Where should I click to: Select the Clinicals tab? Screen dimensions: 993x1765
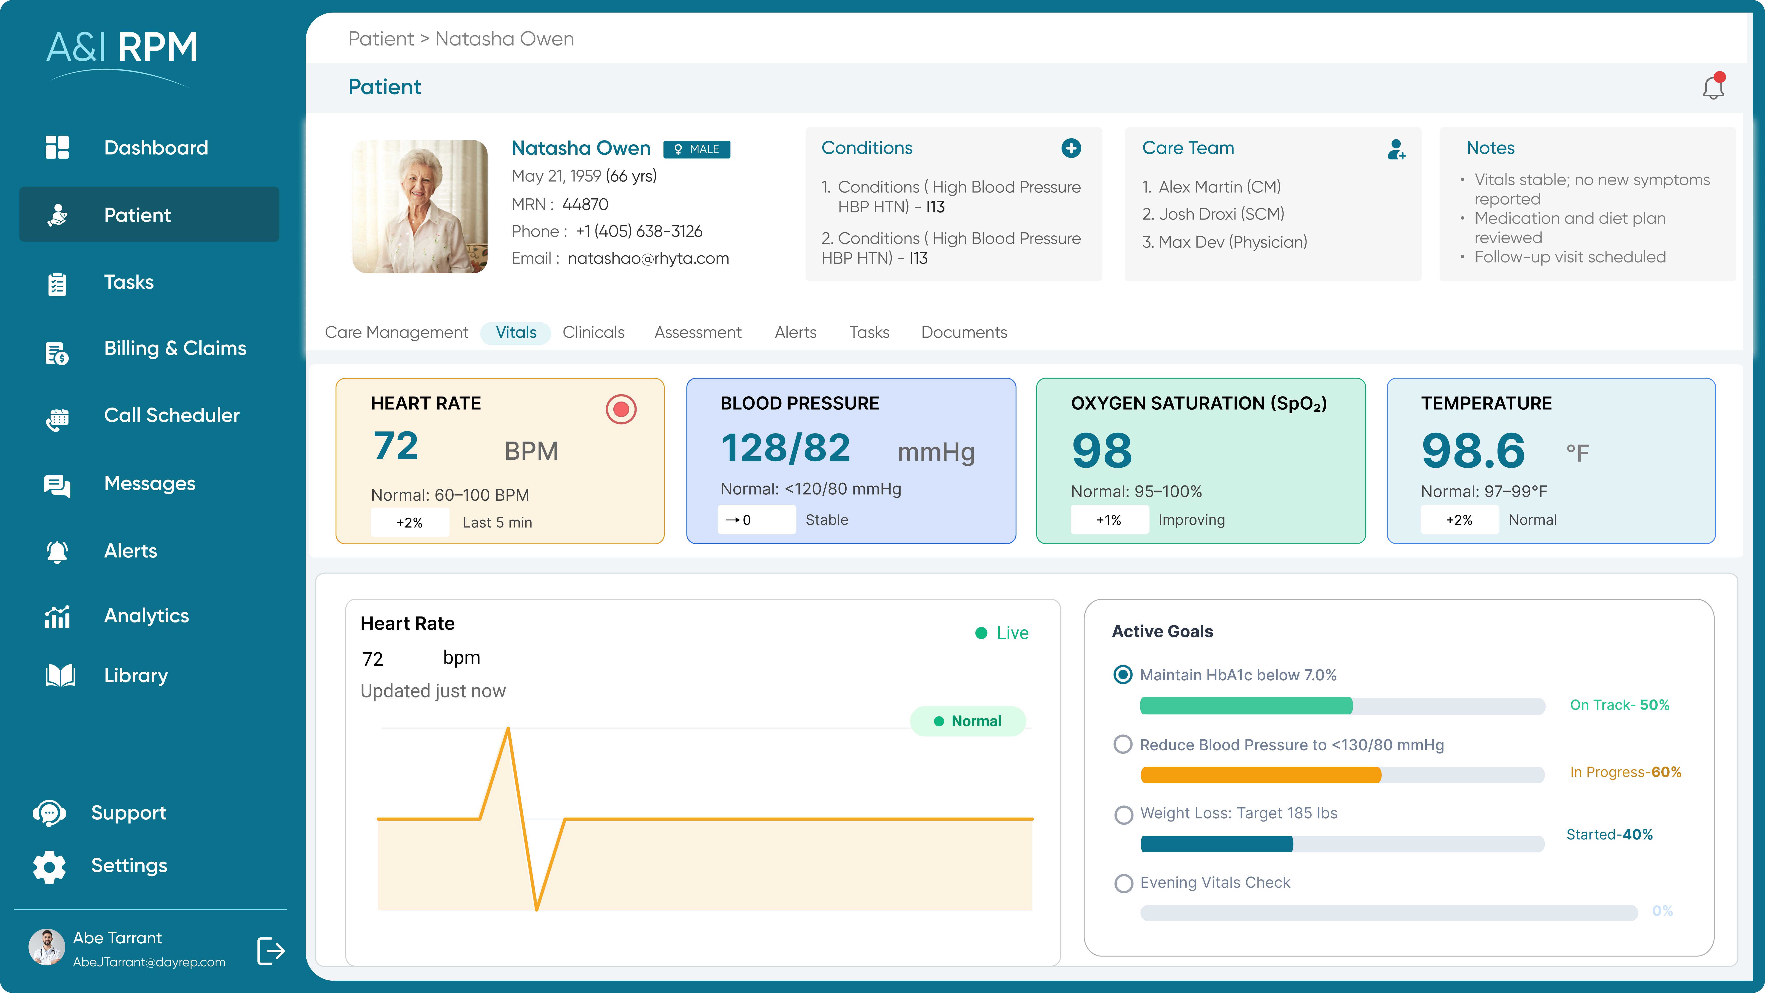click(x=593, y=332)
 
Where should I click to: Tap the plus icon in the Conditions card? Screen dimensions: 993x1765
click(x=1071, y=148)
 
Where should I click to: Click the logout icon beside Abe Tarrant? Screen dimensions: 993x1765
click(x=271, y=950)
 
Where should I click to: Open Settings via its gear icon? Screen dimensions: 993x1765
click(x=49, y=866)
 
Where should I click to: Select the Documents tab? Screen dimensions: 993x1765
click(x=963, y=332)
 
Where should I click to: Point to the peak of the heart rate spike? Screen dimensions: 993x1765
click(x=508, y=729)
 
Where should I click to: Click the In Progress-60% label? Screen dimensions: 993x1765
click(x=1625, y=772)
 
